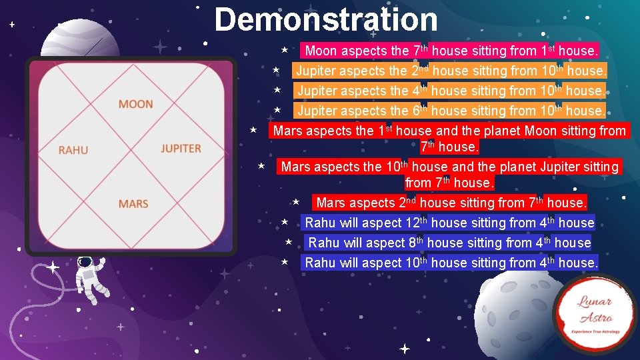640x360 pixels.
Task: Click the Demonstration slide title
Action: pyautogui.click(x=326, y=20)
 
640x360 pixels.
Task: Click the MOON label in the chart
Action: pyautogui.click(x=135, y=104)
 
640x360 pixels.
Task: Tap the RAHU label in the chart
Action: pyautogui.click(x=73, y=150)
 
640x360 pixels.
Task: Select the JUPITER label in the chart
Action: pyautogui.click(x=181, y=148)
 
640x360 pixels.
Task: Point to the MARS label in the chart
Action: pyautogui.click(x=133, y=203)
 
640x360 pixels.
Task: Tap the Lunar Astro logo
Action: pyautogui.click(x=595, y=313)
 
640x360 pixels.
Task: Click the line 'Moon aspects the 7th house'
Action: pyautogui.click(x=451, y=51)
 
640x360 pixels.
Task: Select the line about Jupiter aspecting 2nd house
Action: pyautogui.click(x=451, y=71)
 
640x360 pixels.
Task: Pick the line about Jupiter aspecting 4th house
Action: pyautogui.click(x=451, y=91)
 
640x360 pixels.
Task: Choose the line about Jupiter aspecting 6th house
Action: pyautogui.click(x=451, y=111)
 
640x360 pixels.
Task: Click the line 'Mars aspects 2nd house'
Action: pyautogui.click(x=451, y=203)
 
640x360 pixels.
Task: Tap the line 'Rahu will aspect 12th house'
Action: pyautogui.click(x=449, y=223)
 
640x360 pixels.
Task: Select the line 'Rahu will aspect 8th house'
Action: pyautogui.click(x=449, y=243)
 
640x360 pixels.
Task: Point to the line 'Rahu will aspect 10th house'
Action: pyautogui.click(x=451, y=263)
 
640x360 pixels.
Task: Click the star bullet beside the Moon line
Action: pyautogui.click(x=284, y=50)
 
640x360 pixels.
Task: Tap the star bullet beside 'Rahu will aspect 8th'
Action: pyautogui.click(x=289, y=242)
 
